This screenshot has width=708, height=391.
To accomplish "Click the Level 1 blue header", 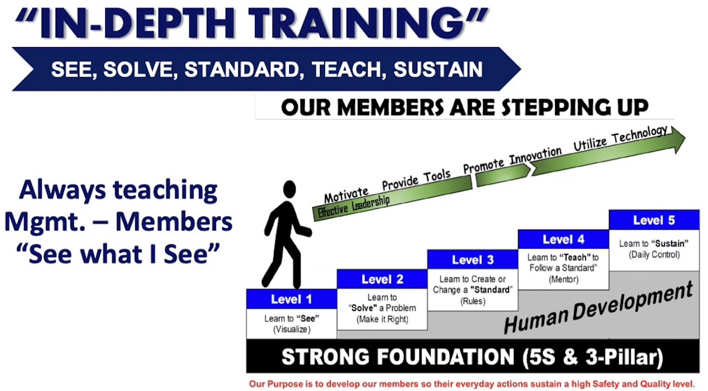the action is [292, 299].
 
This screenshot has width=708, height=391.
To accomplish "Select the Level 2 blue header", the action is [382, 279].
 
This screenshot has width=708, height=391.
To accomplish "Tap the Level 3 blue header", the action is [473, 260].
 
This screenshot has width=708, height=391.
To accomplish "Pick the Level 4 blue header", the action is [564, 239].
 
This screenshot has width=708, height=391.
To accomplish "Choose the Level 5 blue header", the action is [654, 220].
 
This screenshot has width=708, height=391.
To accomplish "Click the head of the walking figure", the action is [290, 189].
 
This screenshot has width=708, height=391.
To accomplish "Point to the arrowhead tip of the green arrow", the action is [685, 139].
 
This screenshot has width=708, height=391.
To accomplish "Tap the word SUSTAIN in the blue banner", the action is [438, 69].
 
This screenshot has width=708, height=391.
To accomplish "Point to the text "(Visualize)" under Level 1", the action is [292, 329].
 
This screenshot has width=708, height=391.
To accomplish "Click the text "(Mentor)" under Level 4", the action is [564, 280].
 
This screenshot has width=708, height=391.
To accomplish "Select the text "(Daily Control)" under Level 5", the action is [654, 255].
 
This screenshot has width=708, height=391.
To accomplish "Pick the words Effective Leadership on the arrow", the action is [354, 206].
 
